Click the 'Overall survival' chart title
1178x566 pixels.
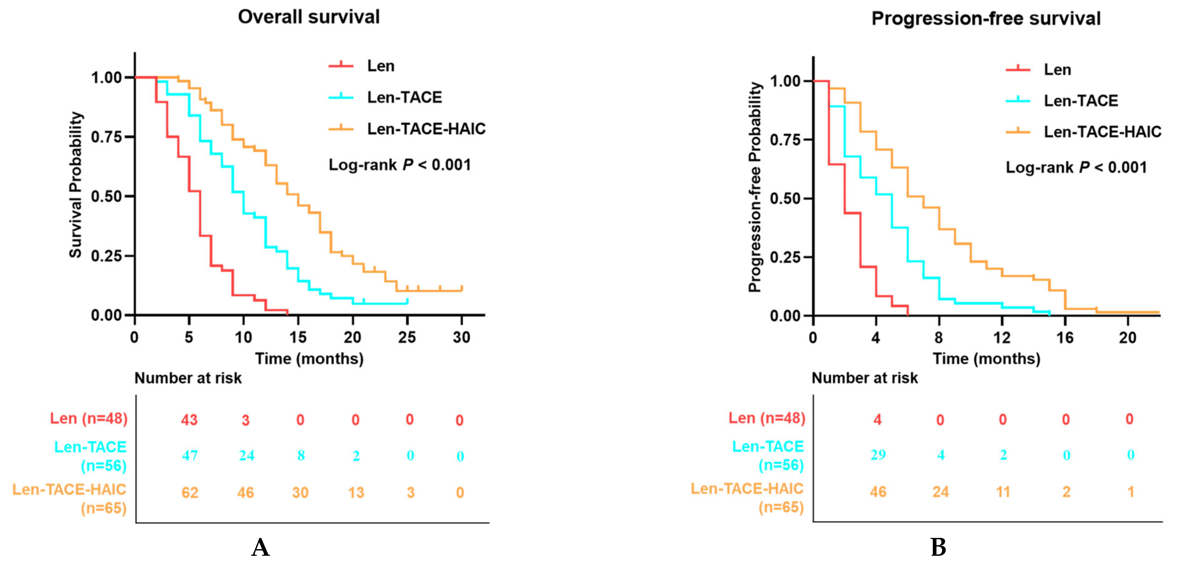pos(309,17)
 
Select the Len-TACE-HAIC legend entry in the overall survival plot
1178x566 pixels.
pos(407,129)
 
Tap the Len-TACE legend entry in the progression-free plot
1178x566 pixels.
pos(1062,100)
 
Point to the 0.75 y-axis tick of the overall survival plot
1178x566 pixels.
pos(106,137)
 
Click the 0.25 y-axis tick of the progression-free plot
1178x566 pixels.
pos(785,257)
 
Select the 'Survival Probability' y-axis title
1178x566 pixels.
pos(75,185)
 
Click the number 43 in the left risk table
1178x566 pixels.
pos(189,420)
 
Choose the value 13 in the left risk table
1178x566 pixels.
pos(356,492)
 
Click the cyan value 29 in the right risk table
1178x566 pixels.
pos(878,455)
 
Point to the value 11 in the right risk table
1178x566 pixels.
pos(1003,492)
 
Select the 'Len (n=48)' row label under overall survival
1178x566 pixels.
pos(89,419)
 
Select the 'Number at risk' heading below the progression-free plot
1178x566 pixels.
pos(864,378)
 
